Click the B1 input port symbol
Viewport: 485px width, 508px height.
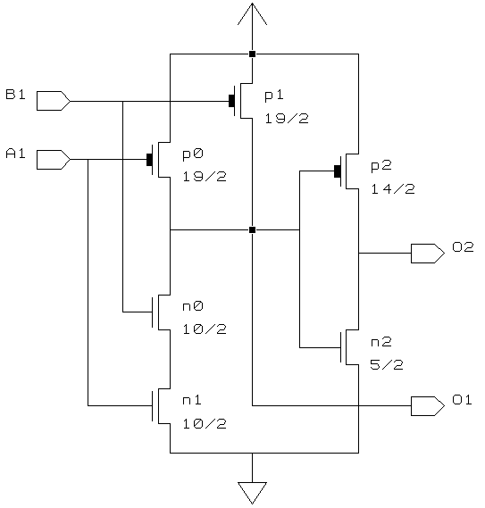[x=54, y=101]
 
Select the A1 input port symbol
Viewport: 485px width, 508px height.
[x=54, y=160]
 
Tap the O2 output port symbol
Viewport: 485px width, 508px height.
[x=428, y=254]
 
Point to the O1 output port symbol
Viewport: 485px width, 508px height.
[x=428, y=405]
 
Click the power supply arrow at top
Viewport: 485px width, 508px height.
[x=252, y=14]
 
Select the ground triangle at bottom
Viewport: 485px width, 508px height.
[x=252, y=493]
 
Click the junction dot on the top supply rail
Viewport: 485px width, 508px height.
[x=252, y=54]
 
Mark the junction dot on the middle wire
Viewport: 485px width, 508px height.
[x=252, y=230]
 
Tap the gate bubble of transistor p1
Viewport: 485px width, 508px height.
[x=231, y=101]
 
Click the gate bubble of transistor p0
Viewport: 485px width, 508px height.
[x=149, y=160]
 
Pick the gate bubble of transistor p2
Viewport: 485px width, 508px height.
[x=338, y=171]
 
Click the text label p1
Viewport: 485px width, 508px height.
[x=274, y=96]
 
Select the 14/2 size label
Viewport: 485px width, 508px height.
[x=393, y=189]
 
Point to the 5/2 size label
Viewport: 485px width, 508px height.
[x=387, y=365]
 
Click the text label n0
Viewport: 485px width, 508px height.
[x=193, y=306]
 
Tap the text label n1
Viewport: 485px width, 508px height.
[x=192, y=400]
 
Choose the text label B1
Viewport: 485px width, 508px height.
[x=15, y=95]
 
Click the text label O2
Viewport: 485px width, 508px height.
[x=463, y=247]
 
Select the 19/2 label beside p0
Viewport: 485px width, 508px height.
[x=205, y=177]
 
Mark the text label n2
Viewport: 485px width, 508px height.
[x=381, y=342]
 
